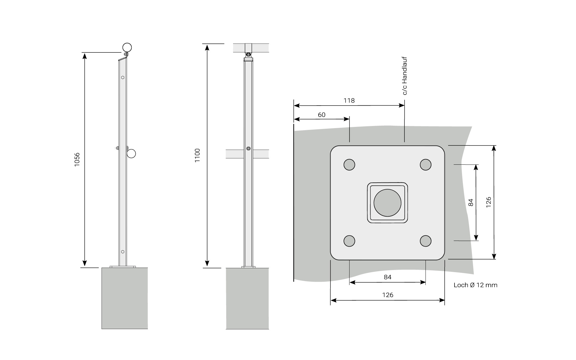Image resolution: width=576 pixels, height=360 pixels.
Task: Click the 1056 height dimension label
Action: click(77, 160)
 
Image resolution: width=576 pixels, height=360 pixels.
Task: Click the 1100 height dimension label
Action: click(197, 155)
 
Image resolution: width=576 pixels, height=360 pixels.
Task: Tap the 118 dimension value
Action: click(349, 100)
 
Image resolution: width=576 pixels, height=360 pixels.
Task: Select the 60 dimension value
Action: click(322, 115)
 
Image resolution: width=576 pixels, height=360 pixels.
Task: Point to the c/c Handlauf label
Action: click(405, 76)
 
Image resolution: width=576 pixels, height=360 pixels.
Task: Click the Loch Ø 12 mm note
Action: click(475, 285)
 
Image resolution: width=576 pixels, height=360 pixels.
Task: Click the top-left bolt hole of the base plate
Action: click(349, 164)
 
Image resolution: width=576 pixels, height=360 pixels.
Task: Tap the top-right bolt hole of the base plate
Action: click(425, 164)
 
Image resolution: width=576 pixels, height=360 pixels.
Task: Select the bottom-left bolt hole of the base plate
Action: click(349, 241)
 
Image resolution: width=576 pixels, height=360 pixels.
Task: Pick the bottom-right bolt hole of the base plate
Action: click(425, 241)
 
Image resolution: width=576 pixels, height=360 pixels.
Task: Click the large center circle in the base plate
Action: click(387, 203)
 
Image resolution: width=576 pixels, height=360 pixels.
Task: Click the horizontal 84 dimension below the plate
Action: click(388, 277)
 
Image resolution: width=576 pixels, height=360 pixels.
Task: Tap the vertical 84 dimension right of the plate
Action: click(470, 202)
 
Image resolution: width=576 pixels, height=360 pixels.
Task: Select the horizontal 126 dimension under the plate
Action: click(388, 295)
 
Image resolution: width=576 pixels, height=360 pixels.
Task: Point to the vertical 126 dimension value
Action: click(488, 202)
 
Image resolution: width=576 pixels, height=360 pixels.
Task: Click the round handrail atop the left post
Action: click(127, 47)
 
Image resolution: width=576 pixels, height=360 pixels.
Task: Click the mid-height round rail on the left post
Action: click(131, 154)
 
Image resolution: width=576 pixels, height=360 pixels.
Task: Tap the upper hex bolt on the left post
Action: click(123, 77)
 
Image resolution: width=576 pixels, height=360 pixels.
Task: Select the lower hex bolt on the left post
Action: click(123, 251)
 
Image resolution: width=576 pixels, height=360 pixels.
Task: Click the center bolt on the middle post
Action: click(248, 148)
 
